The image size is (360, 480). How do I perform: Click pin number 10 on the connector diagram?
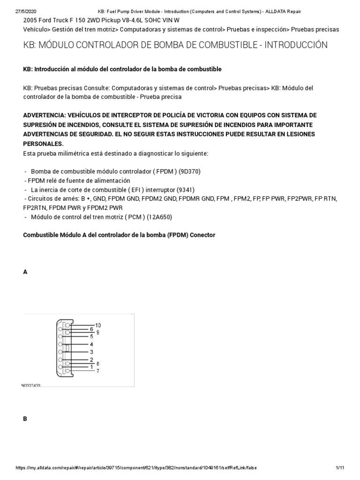[x=98, y=325]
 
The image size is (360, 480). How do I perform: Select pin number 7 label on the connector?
[x=97, y=371]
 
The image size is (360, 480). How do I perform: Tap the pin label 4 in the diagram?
[x=91, y=344]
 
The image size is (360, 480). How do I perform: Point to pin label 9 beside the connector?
[x=97, y=332]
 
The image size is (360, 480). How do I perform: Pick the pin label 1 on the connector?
[x=91, y=367]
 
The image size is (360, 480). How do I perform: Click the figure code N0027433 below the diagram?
[x=31, y=385]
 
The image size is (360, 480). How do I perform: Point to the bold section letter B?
[x=25, y=419]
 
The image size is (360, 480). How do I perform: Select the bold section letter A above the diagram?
[x=25, y=272]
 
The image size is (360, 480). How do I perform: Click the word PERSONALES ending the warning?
[x=43, y=143]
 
